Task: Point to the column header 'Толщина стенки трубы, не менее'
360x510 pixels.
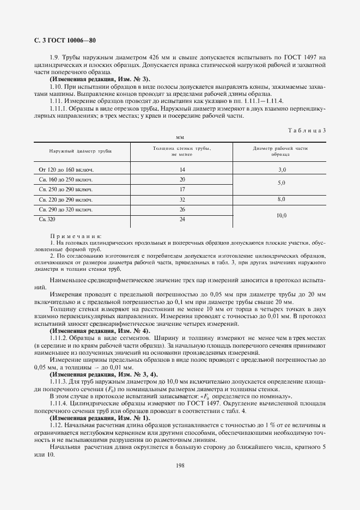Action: (x=182, y=151)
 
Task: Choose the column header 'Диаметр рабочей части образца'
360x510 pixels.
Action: (x=280, y=151)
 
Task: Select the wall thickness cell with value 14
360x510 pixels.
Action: (x=182, y=170)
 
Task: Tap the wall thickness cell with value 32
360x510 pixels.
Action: (x=182, y=199)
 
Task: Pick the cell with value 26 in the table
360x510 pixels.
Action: (x=182, y=209)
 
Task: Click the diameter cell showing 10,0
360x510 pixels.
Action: (x=281, y=216)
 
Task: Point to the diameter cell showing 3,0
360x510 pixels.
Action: (x=281, y=170)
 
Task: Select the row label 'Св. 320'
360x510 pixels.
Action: (x=47, y=219)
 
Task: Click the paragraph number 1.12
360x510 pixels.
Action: (x=56, y=424)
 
